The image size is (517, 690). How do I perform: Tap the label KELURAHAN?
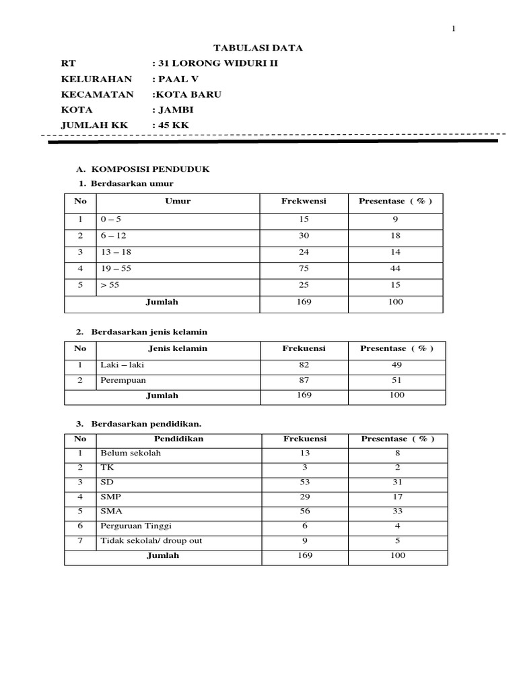[96, 79]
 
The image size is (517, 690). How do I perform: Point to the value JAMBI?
[173, 110]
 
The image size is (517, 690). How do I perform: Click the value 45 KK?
[171, 125]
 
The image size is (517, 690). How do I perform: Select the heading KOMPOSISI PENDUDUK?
[150, 169]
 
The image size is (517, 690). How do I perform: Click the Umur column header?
[178, 201]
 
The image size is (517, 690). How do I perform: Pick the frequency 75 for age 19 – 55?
[304, 268]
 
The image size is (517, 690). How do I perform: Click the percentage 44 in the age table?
[395, 268]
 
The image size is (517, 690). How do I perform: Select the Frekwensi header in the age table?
[304, 201]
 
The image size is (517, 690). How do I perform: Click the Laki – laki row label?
[122, 365]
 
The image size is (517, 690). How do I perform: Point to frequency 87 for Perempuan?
[304, 381]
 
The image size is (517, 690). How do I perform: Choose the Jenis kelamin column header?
[178, 348]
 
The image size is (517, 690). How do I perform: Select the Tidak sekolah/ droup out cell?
[151, 540]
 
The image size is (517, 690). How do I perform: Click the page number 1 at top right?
[454, 28]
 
